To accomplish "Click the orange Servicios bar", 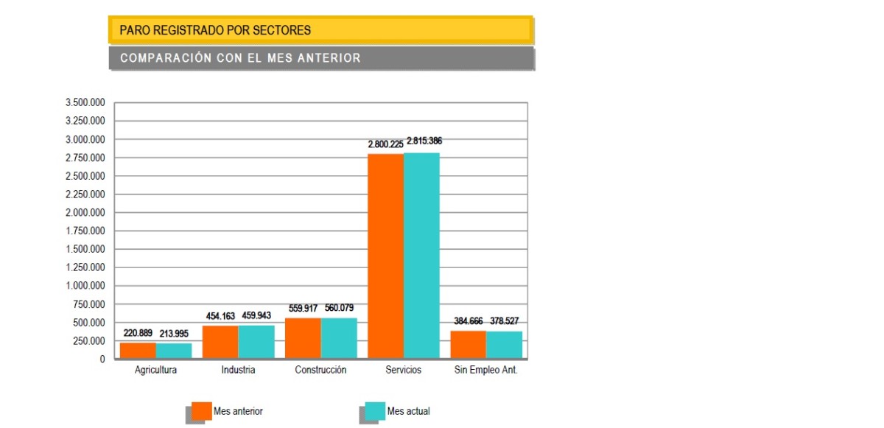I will (385, 256).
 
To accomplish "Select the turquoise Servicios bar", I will (421, 256).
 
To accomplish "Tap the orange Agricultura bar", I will (138, 351).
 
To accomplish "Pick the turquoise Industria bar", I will (256, 343).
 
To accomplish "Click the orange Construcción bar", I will (303, 339).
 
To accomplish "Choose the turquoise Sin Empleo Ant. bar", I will (504, 345).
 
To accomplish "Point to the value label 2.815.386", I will (424, 141).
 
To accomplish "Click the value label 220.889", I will (138, 333).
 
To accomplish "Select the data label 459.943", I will (256, 315).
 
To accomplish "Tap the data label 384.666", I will (468, 321).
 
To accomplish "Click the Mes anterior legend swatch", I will (201, 411).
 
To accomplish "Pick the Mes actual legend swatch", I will (375, 411).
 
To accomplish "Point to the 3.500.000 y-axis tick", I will (85, 102).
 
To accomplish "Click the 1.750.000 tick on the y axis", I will (85, 231).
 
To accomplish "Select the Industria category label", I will (238, 370).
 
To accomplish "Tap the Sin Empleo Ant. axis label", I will (485, 370).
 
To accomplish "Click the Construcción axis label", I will (320, 370).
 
